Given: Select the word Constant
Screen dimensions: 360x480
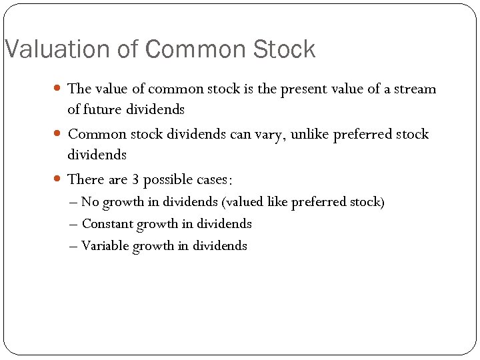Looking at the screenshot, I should (x=107, y=224).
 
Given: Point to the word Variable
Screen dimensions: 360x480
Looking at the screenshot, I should (x=105, y=246).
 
